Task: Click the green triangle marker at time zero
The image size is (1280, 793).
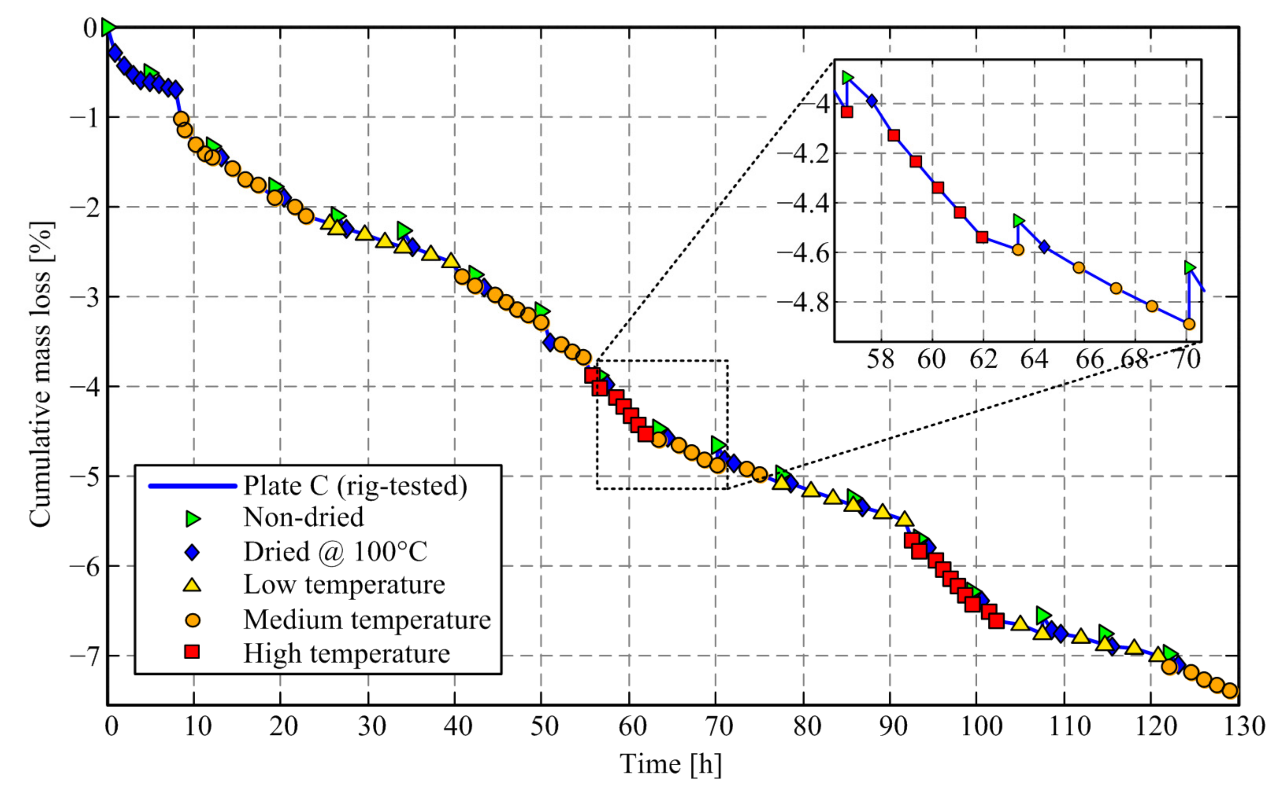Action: [108, 27]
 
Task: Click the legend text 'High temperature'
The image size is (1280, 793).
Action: [346, 653]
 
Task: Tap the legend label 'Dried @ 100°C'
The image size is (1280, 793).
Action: [335, 552]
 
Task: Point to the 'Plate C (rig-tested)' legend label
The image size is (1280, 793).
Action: [355, 486]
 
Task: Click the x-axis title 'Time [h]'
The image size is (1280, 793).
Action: [671, 763]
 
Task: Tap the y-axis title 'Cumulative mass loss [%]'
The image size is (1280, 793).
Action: [41, 374]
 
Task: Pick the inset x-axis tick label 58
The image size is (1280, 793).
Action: [880, 360]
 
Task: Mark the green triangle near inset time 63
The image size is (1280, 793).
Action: [1019, 221]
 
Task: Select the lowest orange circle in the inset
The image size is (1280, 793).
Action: [1189, 324]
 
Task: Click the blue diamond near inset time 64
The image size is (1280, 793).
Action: [1044, 247]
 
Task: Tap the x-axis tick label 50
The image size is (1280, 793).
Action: [544, 727]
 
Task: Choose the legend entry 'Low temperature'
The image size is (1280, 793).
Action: [344, 585]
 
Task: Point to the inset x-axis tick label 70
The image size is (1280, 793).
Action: [1187, 360]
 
